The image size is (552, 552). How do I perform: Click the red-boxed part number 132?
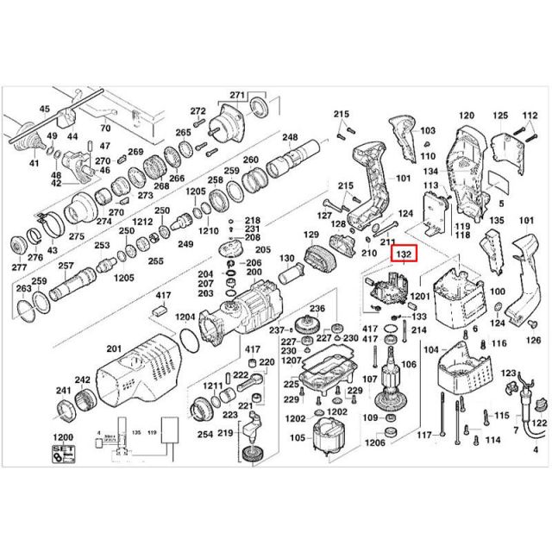[404, 254]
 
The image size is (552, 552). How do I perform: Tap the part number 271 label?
[238, 94]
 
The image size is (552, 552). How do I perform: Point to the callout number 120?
[466, 116]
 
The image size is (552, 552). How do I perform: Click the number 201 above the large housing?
[113, 348]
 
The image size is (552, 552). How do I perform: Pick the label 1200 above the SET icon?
[65, 438]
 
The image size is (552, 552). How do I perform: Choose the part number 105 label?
[298, 438]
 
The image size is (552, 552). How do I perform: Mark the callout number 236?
[317, 309]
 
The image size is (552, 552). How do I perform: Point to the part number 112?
[530, 116]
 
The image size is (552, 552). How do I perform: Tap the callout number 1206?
[374, 443]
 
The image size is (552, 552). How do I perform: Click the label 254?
[204, 433]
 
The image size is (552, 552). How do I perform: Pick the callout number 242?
[83, 380]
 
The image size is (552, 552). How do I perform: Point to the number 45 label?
[46, 109]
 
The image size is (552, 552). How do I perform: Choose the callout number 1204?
[185, 317]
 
